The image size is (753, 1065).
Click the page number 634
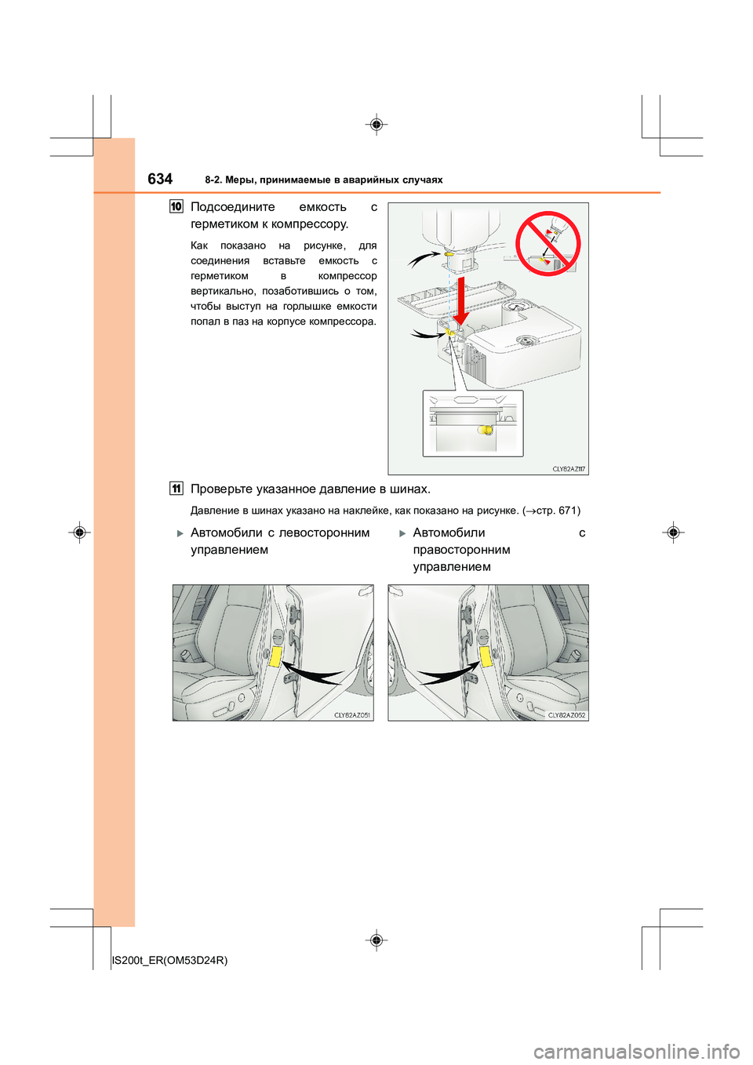click(x=160, y=179)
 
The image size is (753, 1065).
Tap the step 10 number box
click(x=176, y=207)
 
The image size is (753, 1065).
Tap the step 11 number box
click(x=176, y=489)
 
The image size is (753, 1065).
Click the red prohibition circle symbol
click(x=548, y=244)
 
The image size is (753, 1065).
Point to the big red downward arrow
click(x=461, y=299)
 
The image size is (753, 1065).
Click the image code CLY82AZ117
click(x=569, y=469)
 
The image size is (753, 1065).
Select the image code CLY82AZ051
click(x=352, y=715)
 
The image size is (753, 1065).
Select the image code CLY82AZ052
click(x=566, y=715)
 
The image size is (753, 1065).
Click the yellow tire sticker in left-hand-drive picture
click(x=275, y=656)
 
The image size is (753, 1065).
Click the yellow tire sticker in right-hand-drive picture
click(x=486, y=656)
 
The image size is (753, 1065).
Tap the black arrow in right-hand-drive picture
click(x=447, y=674)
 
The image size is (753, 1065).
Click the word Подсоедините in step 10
click(x=233, y=207)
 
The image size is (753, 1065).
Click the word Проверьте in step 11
click(x=221, y=489)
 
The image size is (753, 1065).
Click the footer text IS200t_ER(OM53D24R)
click(x=170, y=960)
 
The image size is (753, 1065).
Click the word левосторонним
click(x=324, y=533)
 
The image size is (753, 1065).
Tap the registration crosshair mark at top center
click(x=376, y=125)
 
